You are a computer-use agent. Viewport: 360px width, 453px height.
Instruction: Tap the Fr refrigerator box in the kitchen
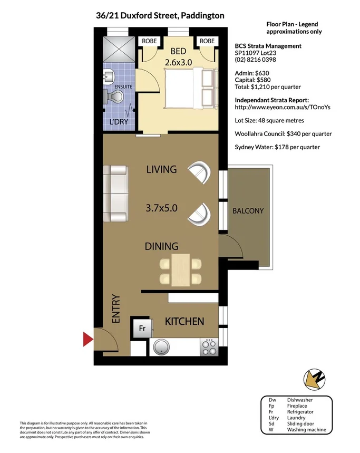[142, 328]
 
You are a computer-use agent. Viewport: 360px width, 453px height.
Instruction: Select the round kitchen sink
[162, 347]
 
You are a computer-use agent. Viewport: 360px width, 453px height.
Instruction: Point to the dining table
[180, 269]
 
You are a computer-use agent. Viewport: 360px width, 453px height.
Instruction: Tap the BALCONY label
[248, 211]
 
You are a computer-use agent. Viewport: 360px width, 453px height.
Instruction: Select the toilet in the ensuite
[115, 97]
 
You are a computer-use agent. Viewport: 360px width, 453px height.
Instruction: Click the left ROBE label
[148, 41]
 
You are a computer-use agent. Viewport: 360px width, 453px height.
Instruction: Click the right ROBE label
[207, 41]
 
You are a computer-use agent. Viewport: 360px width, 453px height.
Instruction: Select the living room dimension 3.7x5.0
[161, 208]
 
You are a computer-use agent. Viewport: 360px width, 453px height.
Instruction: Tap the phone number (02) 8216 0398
[255, 60]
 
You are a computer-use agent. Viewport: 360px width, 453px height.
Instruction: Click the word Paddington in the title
[202, 15]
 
